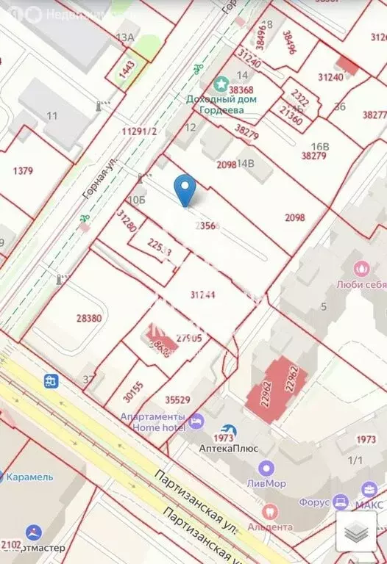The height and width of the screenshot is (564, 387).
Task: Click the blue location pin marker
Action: (x=186, y=189)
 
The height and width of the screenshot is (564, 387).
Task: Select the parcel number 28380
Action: (x=89, y=318)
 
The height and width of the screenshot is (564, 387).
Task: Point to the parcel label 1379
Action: (x=24, y=171)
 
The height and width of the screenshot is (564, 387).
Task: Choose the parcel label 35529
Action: (x=177, y=400)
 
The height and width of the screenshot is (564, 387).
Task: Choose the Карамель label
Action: (x=29, y=477)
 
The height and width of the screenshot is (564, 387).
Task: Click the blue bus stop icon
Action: (x=52, y=381)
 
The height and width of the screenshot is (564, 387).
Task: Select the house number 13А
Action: (x=126, y=37)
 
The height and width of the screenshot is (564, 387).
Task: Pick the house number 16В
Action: (x=319, y=146)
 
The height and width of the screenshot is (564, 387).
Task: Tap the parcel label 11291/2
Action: (x=139, y=131)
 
